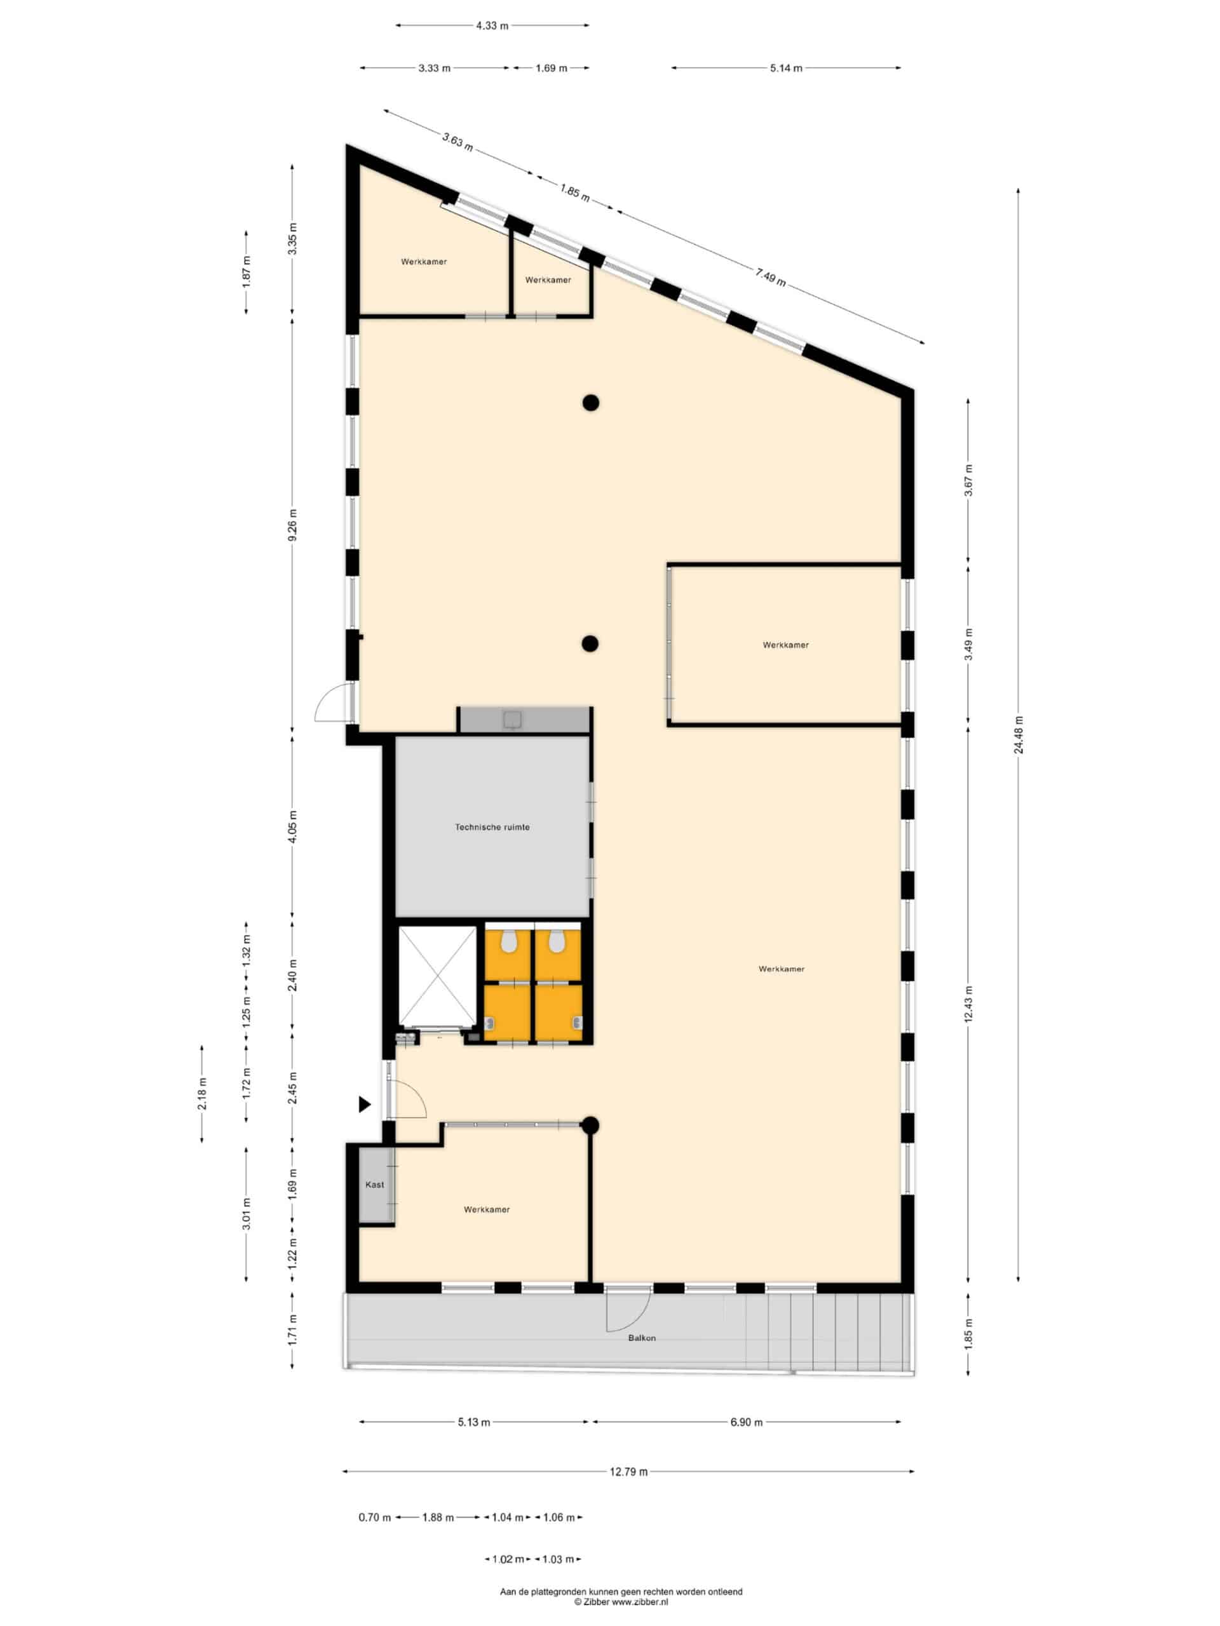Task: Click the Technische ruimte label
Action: [492, 827]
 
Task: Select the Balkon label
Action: [642, 1338]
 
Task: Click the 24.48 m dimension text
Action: [1018, 734]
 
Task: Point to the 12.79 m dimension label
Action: [629, 1472]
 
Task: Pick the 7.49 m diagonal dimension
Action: [770, 277]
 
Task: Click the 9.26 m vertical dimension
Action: [293, 525]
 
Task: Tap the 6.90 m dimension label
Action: [747, 1422]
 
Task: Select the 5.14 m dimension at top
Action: [786, 67]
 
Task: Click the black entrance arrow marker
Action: [364, 1104]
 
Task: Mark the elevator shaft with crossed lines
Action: [438, 976]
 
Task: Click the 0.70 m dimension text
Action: [374, 1517]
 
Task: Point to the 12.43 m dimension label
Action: [968, 1004]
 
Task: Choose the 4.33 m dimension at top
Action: [492, 26]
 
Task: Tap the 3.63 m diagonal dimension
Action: [457, 140]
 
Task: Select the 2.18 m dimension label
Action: [202, 1094]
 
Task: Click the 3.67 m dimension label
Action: [968, 480]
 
